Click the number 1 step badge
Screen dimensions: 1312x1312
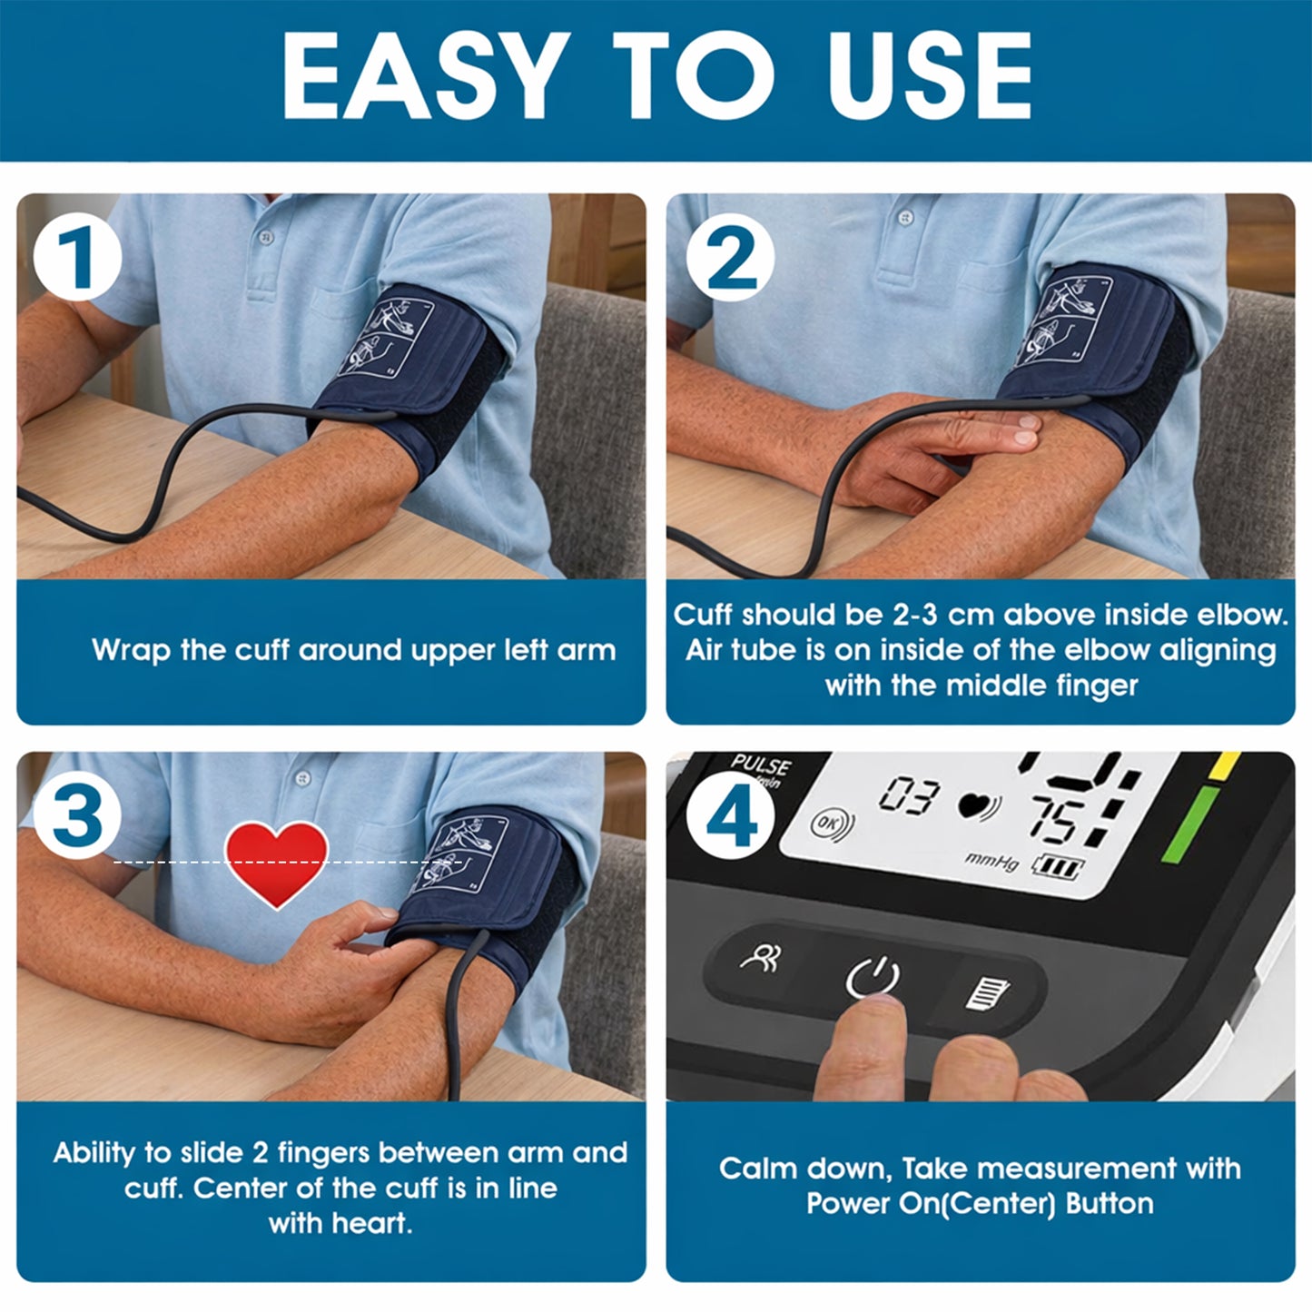77,257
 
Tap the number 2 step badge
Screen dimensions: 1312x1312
730,257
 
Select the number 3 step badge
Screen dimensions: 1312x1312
77,815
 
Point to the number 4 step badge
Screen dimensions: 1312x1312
730,815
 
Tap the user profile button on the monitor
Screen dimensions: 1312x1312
761,958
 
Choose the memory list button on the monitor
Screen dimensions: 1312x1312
986,992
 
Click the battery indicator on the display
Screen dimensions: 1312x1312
1059,868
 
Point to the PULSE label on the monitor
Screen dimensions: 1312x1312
761,765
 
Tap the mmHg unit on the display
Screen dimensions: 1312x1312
991,860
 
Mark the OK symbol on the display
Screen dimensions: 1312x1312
830,824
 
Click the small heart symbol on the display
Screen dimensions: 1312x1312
977,806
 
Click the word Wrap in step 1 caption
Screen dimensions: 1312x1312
131,651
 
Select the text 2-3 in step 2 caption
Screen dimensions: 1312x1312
914,616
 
